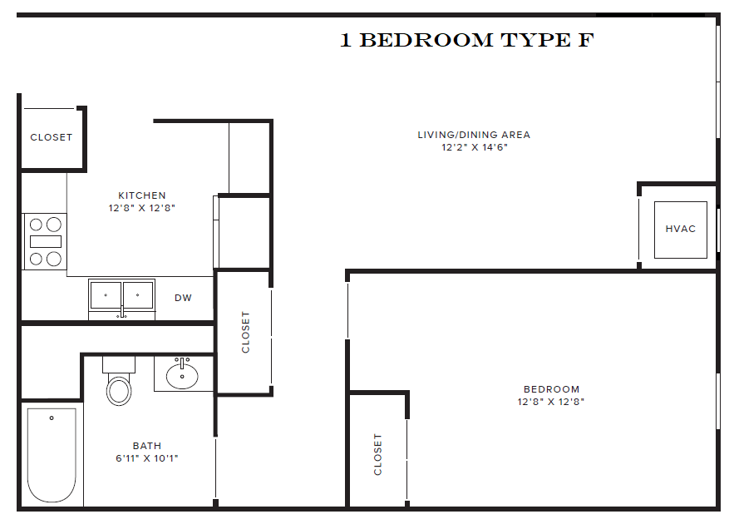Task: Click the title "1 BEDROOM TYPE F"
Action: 466,40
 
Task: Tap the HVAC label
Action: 680,229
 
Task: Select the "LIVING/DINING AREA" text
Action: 474,135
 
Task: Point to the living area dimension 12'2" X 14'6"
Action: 474,147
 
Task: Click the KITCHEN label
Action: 141,195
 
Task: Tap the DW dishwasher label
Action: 183,298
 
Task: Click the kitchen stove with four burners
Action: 45,241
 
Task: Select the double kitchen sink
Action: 121,297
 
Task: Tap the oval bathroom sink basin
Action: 182,376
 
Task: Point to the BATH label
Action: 147,446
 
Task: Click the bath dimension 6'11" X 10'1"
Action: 147,458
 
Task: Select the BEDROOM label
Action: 551,389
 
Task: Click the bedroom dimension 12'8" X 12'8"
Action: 551,402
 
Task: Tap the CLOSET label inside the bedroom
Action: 378,454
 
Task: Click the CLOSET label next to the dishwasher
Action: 245,332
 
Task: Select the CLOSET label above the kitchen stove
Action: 52,137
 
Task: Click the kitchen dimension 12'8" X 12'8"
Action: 141,208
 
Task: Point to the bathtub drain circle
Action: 52,418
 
